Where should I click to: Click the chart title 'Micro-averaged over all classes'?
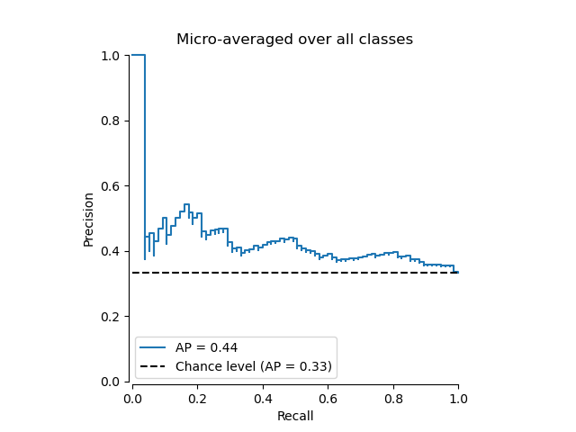point(294,40)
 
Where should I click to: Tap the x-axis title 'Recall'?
point(294,416)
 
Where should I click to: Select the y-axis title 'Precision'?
point(88,219)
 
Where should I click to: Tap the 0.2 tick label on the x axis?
point(197,397)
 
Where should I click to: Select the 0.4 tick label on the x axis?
point(263,397)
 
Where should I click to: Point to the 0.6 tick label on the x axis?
point(328,397)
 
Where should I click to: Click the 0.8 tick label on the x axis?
point(393,397)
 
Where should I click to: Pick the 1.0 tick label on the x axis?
point(458,397)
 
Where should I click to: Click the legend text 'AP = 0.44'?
point(206,347)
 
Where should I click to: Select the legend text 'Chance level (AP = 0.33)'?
point(254,366)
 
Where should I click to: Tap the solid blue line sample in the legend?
point(154,347)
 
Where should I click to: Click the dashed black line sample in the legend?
point(154,366)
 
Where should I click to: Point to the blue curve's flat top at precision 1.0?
point(139,55)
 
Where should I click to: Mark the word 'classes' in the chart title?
point(388,40)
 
